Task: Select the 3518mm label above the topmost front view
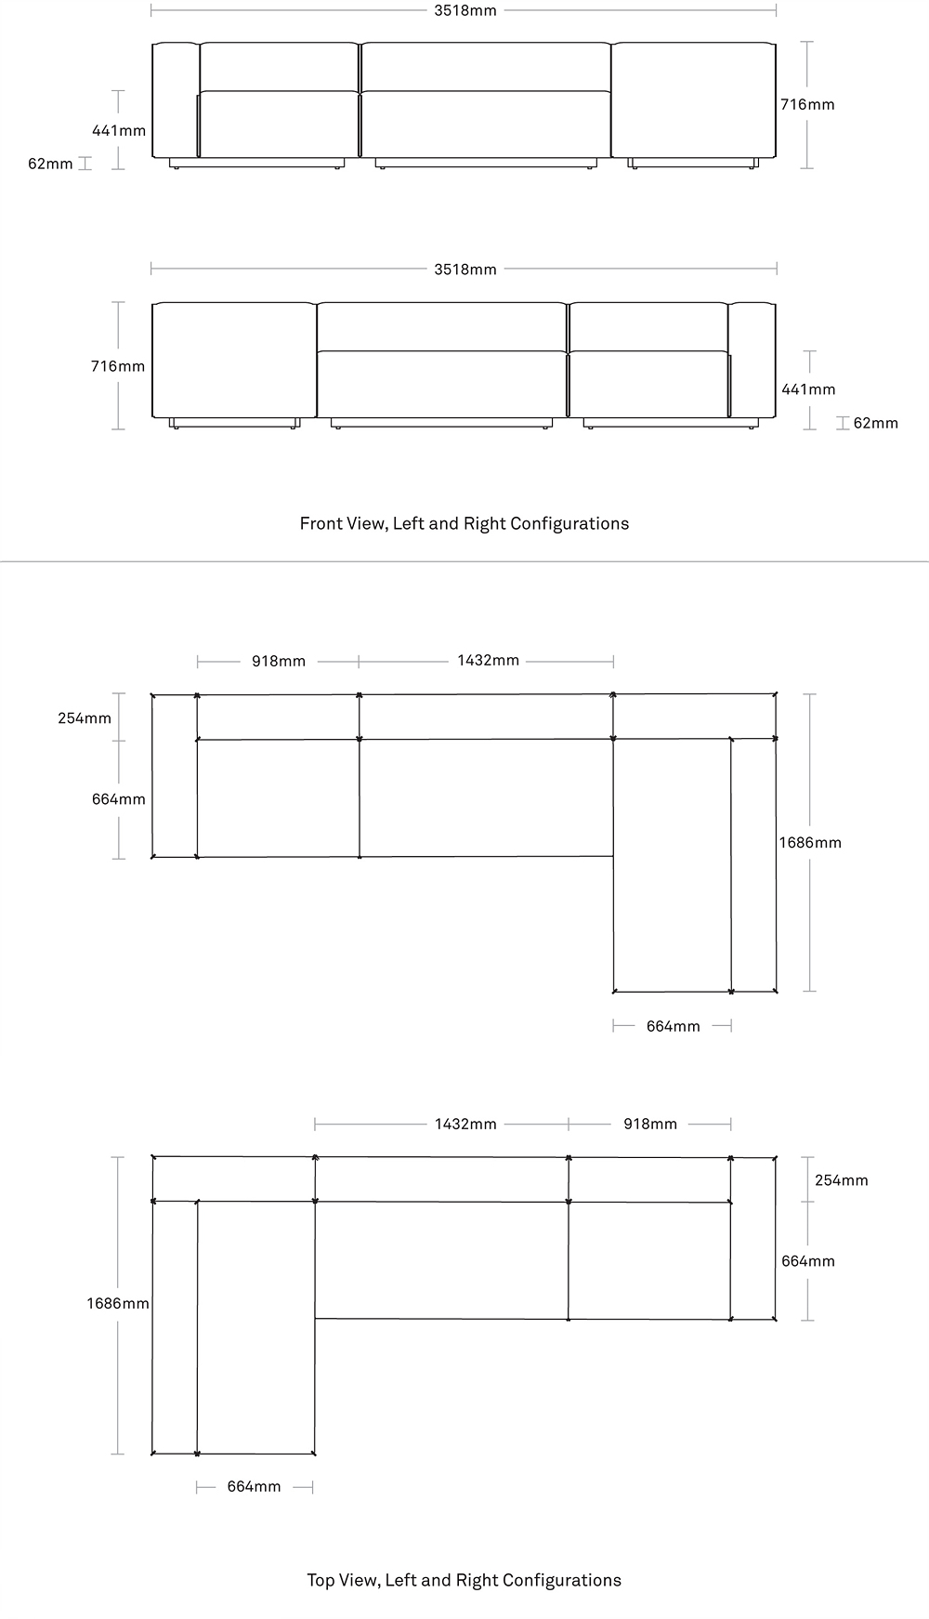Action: click(x=464, y=10)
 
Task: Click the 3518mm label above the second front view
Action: click(x=464, y=270)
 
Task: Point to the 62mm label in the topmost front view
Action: click(x=50, y=164)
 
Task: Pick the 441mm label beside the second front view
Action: click(x=808, y=389)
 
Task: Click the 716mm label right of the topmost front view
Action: click(x=807, y=104)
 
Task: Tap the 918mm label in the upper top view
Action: click(x=279, y=662)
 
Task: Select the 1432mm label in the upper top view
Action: click(x=488, y=661)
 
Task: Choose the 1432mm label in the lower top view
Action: click(x=465, y=1125)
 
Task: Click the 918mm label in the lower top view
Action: click(x=650, y=1125)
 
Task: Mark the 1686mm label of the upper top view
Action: click(x=810, y=843)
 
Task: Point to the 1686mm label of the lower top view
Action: click(x=118, y=1304)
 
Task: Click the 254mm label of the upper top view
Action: click(x=85, y=717)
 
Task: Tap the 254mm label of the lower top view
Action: click(x=842, y=1180)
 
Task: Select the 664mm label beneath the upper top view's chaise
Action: click(x=674, y=1026)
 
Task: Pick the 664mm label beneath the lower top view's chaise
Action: click(x=254, y=1487)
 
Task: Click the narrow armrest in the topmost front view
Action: click(x=176, y=99)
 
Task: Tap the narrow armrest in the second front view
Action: click(x=752, y=360)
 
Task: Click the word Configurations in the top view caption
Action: click(x=566, y=1580)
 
